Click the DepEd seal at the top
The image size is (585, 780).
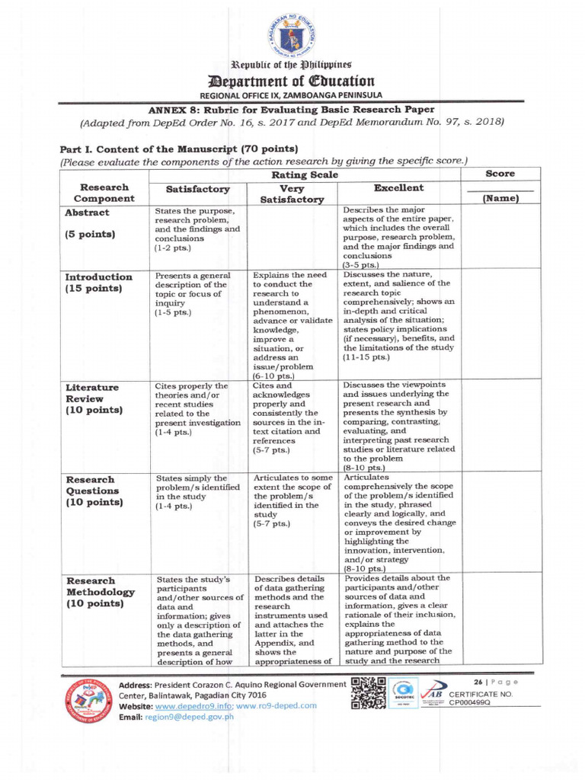(x=292, y=34)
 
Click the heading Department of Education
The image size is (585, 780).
(x=292, y=81)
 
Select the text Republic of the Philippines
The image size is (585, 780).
(x=292, y=63)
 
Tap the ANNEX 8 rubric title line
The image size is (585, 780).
(x=292, y=110)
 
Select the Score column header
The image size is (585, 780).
(x=500, y=174)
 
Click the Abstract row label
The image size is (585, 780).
(x=87, y=213)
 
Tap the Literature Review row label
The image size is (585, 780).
(x=92, y=399)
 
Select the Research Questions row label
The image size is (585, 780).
(x=93, y=491)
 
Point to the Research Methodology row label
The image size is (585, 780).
(x=100, y=592)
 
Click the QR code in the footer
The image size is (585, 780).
(x=368, y=694)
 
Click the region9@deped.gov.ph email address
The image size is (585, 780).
(x=189, y=718)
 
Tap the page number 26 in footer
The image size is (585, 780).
(x=478, y=681)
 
